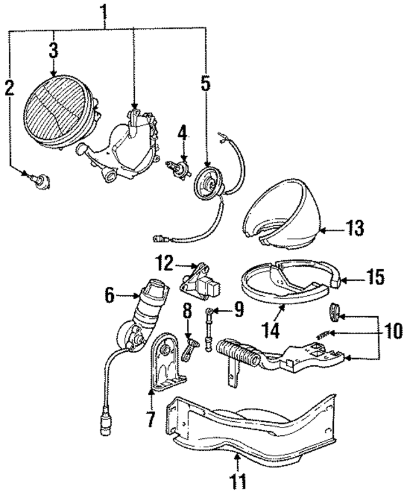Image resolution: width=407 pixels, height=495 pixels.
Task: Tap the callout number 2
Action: coord(9,88)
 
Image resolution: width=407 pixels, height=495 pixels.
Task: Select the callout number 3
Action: coord(53,48)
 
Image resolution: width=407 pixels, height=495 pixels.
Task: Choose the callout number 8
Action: coord(187,312)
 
